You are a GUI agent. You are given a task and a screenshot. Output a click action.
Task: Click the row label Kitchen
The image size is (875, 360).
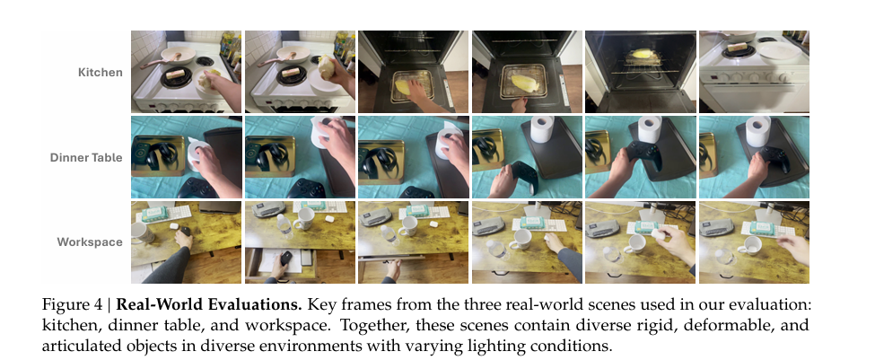[x=101, y=73]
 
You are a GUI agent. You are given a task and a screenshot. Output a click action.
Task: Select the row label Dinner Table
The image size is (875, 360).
[x=86, y=157]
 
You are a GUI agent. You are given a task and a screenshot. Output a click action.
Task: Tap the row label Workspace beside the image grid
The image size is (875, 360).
[x=90, y=242]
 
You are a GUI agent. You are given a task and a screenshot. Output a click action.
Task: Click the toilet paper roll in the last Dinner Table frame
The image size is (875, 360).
[x=758, y=131]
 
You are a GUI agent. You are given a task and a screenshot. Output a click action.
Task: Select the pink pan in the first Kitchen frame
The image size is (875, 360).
[x=172, y=57]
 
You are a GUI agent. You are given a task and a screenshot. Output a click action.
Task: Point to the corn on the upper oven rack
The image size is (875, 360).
[x=643, y=56]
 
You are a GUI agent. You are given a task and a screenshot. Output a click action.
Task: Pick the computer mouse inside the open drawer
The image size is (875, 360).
[x=285, y=259]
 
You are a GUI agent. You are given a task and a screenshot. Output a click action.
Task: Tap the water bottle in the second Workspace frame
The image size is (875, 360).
[x=284, y=227]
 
